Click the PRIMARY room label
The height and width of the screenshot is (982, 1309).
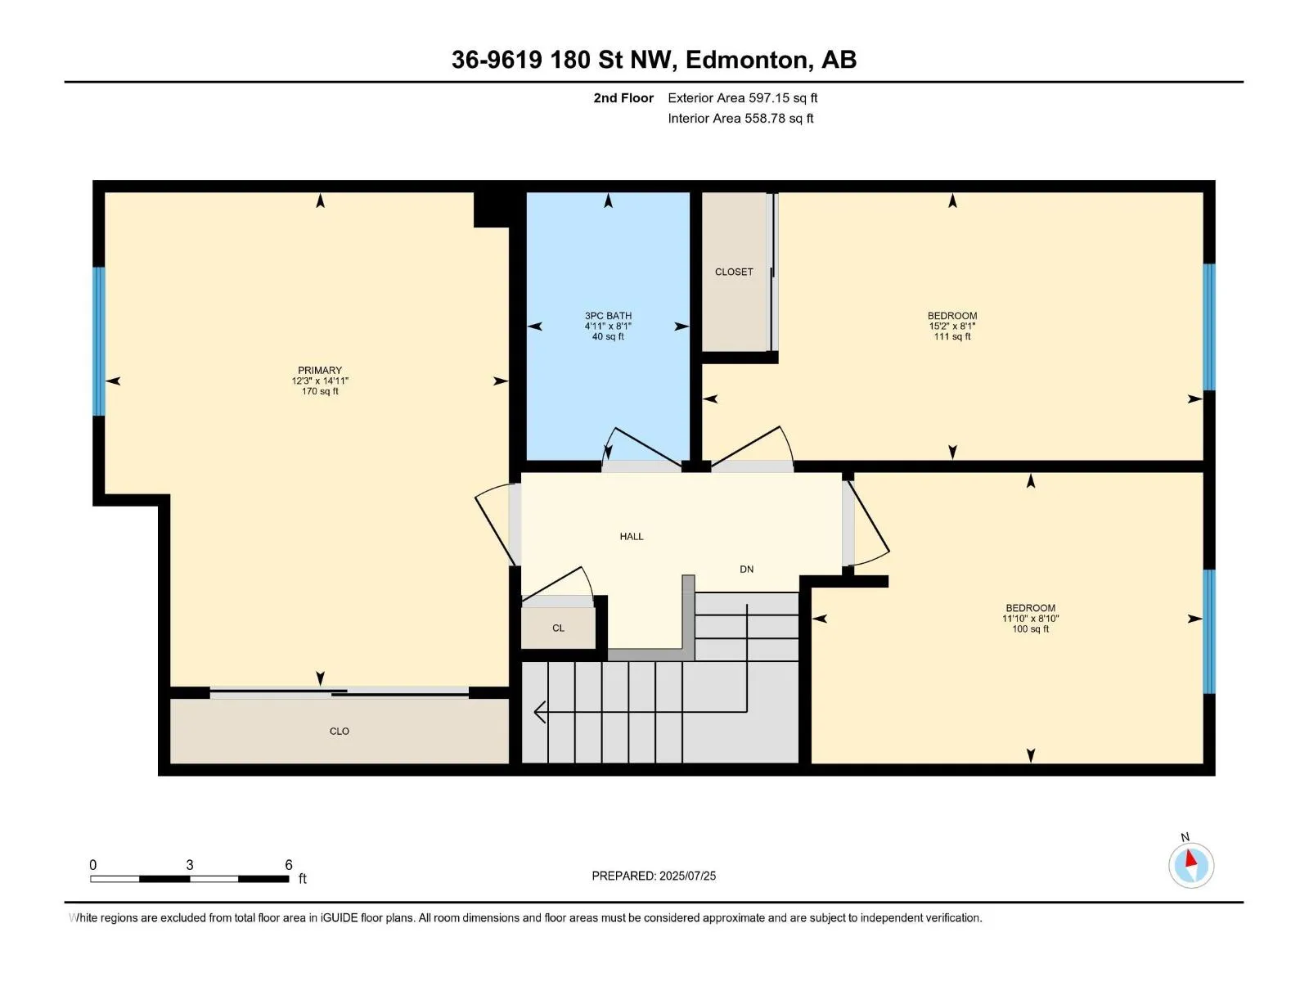pyautogui.click(x=320, y=370)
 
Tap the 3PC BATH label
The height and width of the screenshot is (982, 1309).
pyautogui.click(x=608, y=315)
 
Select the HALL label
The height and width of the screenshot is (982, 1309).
pyautogui.click(x=632, y=537)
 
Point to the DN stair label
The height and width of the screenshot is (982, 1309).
pyautogui.click(x=747, y=570)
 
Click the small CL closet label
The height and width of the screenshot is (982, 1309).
pyautogui.click(x=558, y=628)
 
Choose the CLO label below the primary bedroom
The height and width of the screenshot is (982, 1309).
pyautogui.click(x=340, y=731)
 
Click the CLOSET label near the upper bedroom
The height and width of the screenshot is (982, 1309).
pyautogui.click(x=734, y=272)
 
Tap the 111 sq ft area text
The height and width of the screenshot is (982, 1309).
pyautogui.click(x=952, y=337)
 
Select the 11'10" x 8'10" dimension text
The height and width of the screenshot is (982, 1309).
pyautogui.click(x=1031, y=619)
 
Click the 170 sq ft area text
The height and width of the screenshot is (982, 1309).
pyautogui.click(x=320, y=391)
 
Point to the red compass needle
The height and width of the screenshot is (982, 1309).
pyautogui.click(x=1190, y=858)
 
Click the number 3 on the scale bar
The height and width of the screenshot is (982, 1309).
pyautogui.click(x=190, y=864)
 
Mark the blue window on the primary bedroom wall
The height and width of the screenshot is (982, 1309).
pyautogui.click(x=98, y=341)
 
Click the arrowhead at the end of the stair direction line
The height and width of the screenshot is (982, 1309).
pyautogui.click(x=539, y=712)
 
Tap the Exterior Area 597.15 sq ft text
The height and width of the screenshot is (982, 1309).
pyautogui.click(x=743, y=97)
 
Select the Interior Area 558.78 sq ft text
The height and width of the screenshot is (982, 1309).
pyautogui.click(x=740, y=118)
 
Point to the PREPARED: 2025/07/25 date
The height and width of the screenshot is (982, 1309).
pyautogui.click(x=654, y=876)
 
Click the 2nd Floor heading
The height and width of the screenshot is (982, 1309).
pyautogui.click(x=623, y=97)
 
